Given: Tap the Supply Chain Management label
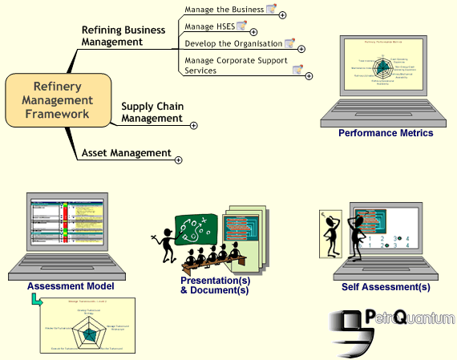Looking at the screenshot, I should tap(152, 112).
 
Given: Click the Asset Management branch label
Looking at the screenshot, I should tap(126, 152).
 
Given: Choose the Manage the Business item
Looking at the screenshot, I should tap(224, 10).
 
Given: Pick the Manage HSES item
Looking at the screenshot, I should tap(210, 26).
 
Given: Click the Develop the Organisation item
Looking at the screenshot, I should tap(233, 43).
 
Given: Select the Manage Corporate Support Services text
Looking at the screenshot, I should tap(236, 65).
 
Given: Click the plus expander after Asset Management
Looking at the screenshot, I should tap(178, 160).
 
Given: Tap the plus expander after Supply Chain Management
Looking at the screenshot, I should tap(193, 124).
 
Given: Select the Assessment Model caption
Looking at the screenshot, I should tap(71, 285).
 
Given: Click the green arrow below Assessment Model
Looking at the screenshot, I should tap(36, 300).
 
